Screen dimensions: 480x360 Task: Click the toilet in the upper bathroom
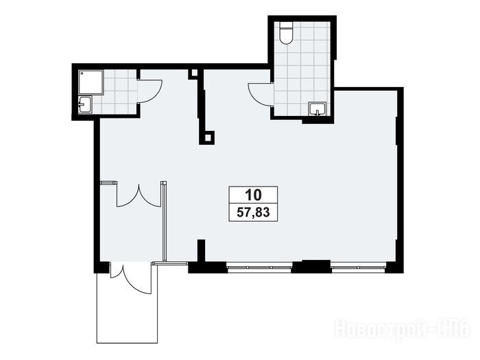point(287,33)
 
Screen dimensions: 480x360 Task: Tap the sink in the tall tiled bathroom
point(317,109)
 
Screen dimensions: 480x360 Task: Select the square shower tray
point(91,82)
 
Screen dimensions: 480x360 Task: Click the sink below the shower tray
point(85,105)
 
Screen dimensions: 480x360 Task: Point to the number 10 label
point(254,195)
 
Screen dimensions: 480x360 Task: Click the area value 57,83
point(253,212)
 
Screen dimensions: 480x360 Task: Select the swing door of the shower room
point(150,91)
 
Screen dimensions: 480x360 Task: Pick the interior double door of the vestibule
point(139,196)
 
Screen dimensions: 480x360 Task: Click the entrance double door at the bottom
point(131,278)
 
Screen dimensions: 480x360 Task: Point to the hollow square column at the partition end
point(208,138)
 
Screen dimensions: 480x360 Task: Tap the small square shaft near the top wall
point(193,73)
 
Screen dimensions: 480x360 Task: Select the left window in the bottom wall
point(259,267)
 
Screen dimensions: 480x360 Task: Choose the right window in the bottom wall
point(359,267)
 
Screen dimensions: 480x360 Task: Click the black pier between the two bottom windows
point(311,266)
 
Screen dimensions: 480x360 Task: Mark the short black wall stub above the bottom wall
point(201,250)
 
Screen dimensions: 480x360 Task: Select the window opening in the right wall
point(397,131)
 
